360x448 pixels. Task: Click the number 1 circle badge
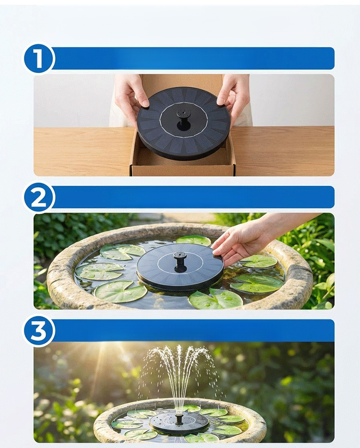click(38, 58)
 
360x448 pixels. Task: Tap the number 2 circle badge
click(38, 197)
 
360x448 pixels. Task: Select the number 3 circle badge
click(38, 331)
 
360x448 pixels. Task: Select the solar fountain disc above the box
click(183, 123)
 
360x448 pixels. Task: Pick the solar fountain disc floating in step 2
click(180, 267)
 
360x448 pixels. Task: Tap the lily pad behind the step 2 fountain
click(193, 240)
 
